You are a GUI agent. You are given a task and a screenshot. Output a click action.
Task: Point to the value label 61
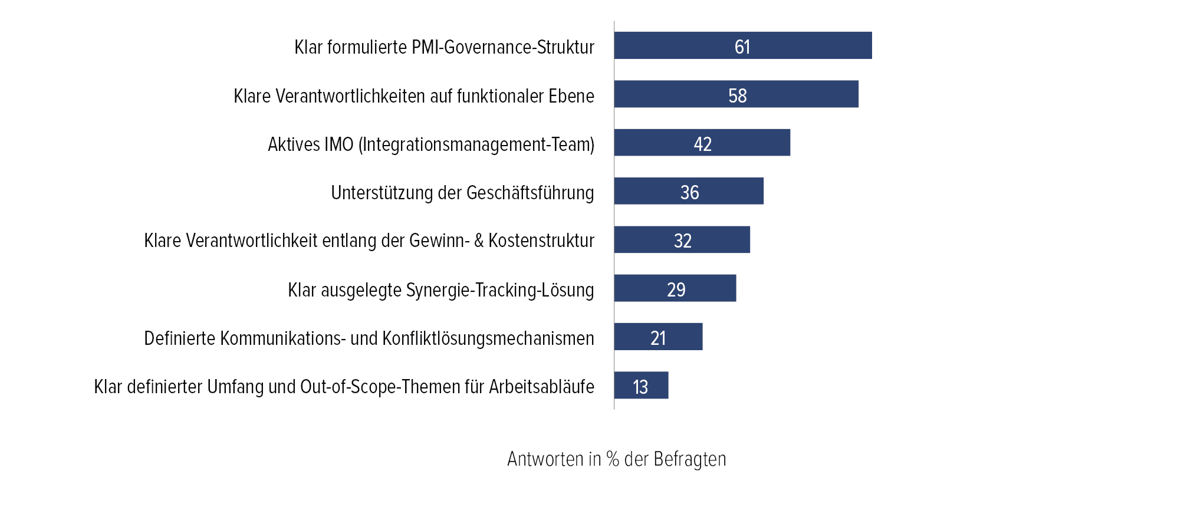[x=742, y=47]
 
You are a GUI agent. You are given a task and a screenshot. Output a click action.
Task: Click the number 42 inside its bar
[x=702, y=144]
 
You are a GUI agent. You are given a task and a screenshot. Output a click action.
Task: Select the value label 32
[x=682, y=241]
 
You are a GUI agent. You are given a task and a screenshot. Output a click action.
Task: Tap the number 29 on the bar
[x=676, y=289]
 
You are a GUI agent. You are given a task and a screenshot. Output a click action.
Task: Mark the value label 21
[x=658, y=338]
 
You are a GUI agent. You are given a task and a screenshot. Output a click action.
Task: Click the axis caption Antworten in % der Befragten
[x=616, y=459]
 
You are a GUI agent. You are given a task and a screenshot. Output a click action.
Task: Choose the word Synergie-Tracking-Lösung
[x=500, y=290]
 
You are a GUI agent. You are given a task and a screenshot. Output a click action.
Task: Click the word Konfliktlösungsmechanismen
[x=488, y=338]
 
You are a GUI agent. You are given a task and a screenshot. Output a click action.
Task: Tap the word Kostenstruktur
[x=541, y=241]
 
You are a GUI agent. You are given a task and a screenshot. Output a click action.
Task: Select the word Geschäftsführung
[x=530, y=193]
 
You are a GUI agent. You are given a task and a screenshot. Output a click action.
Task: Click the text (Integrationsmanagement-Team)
[x=476, y=144]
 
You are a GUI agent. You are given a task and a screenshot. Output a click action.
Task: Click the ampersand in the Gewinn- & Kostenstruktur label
[x=478, y=241]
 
